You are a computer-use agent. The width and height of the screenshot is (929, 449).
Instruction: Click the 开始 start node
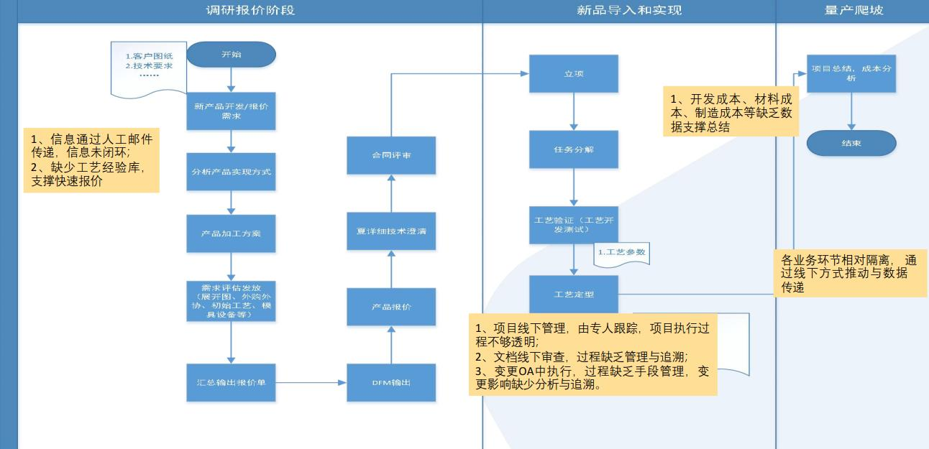[x=231, y=55]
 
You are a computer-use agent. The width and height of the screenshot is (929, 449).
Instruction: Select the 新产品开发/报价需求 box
[x=231, y=111]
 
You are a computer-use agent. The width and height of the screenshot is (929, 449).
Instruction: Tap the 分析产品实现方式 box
[x=231, y=172]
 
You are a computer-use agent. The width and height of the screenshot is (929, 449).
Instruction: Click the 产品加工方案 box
[x=231, y=233]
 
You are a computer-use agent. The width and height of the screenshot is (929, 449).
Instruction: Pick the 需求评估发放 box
[x=231, y=300]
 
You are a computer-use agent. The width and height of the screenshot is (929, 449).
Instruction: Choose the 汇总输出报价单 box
[x=231, y=382]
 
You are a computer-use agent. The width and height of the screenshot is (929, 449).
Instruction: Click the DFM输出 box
[x=391, y=382]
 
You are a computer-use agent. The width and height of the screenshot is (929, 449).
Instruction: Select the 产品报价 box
[x=391, y=307]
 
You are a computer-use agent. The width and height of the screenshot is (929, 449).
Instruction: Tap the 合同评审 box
[x=391, y=155]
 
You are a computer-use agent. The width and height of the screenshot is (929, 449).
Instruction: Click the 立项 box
[x=573, y=73]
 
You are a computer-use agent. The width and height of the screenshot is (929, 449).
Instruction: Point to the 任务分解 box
[x=573, y=149]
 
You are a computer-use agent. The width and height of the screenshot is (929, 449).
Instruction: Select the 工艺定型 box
[x=573, y=294]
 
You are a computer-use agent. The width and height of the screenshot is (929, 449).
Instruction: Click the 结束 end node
[x=851, y=143]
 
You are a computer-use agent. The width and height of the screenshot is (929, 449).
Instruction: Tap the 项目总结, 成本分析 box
[x=851, y=73]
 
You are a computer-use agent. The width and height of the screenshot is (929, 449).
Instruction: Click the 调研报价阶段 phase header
[x=250, y=10]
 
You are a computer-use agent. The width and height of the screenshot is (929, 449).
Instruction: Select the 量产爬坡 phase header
[x=853, y=10]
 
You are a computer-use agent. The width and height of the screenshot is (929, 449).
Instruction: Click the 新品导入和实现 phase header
[x=628, y=10]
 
